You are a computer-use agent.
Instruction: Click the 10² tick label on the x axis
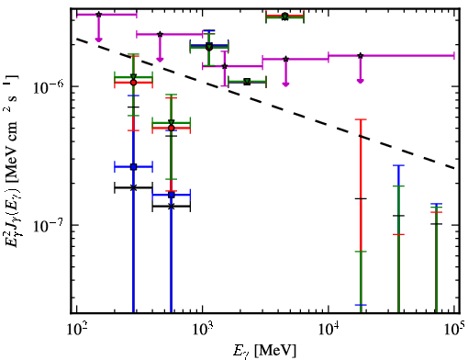click(x=76, y=329)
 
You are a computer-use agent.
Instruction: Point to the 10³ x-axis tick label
click(x=202, y=329)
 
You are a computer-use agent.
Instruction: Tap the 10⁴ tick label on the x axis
click(x=329, y=329)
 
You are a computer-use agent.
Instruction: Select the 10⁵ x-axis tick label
click(x=453, y=329)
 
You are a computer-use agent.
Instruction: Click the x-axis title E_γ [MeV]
click(x=264, y=351)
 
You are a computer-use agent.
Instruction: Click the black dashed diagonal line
click(x=266, y=103)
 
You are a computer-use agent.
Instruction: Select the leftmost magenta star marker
click(x=98, y=15)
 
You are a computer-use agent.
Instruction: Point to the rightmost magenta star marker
click(x=361, y=56)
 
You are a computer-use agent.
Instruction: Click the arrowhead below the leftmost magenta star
click(x=98, y=39)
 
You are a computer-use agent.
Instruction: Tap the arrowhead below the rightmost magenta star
click(x=361, y=81)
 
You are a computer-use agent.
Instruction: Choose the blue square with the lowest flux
click(x=172, y=195)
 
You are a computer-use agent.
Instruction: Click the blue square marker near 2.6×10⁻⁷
click(x=133, y=167)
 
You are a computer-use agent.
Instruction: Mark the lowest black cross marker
click(x=172, y=207)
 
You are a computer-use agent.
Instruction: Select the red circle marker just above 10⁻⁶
click(x=133, y=83)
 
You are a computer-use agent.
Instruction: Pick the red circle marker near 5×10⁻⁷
click(x=172, y=128)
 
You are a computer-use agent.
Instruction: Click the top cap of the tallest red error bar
click(x=361, y=119)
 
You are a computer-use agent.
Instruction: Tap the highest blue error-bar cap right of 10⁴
click(x=398, y=165)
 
